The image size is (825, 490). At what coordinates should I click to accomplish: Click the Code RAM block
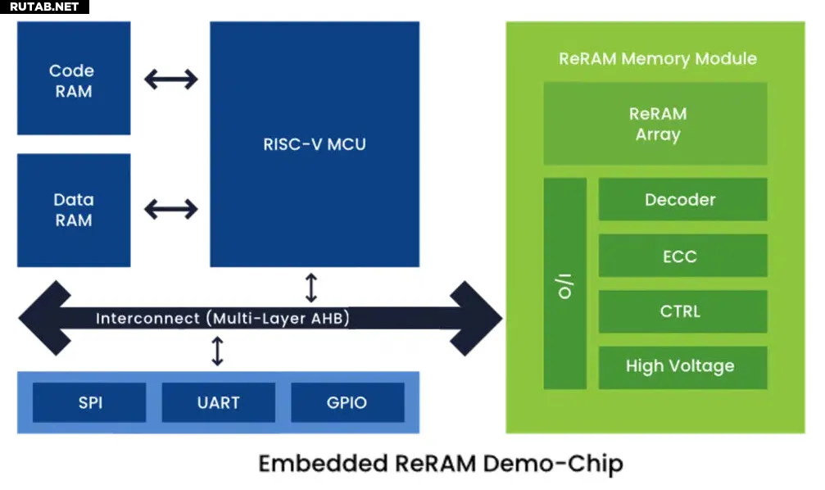coord(73,79)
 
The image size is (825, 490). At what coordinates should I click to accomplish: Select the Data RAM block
coord(73,210)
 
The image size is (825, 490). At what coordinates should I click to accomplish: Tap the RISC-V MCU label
coord(315,145)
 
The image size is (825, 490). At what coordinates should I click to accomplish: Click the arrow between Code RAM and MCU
coord(170,79)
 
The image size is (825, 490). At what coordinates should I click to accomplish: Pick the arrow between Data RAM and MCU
coord(170,209)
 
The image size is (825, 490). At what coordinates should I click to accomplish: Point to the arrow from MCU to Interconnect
coord(311,288)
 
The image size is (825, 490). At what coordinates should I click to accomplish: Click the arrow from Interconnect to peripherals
coord(217,351)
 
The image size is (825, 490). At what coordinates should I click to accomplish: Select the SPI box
coord(89,403)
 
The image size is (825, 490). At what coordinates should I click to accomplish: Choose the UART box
coord(218,403)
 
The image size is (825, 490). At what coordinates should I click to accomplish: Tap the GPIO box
coord(347,403)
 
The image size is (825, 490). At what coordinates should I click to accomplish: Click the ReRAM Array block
coord(655,124)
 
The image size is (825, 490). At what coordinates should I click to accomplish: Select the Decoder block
coord(682,200)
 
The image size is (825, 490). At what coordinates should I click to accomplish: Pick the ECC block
coord(682,256)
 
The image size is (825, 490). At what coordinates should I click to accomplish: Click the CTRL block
coord(682,312)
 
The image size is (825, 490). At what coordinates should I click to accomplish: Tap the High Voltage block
coord(682,367)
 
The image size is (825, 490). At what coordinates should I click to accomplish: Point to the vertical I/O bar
coord(565,284)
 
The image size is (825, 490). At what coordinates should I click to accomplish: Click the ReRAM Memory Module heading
coord(657,59)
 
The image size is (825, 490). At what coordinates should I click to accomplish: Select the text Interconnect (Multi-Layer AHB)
coord(222,318)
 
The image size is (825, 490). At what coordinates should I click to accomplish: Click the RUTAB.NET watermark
coord(44,7)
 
